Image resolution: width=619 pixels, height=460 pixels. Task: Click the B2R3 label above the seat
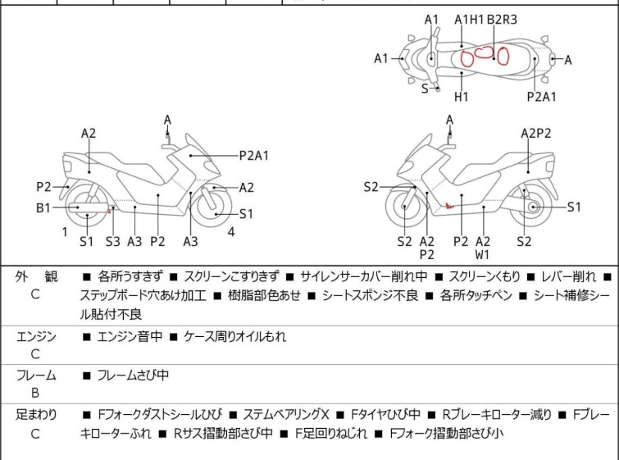pos(502,20)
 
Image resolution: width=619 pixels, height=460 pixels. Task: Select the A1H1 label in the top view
pos(469,20)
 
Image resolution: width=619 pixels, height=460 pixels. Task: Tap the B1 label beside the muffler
pos(43,207)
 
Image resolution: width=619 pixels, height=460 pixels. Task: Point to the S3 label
pos(112,241)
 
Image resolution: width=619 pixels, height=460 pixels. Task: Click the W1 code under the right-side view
pos(482,255)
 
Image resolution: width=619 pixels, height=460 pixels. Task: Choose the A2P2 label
pos(535,134)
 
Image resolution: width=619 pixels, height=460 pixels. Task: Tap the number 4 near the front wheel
pos(231,232)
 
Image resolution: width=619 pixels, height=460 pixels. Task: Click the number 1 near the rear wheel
pos(65,232)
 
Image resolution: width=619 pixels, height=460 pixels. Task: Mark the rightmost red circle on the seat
pos(503,55)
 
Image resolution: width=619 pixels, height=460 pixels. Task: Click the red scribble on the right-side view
pos(449,206)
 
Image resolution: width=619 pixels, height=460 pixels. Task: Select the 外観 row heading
pos(36,277)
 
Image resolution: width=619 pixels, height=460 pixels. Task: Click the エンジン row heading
pos(36,337)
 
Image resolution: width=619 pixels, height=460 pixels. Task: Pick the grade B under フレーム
pos(35,394)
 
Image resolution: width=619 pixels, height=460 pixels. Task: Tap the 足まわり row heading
pos(36,415)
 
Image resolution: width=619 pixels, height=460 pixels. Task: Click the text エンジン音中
pos(130,337)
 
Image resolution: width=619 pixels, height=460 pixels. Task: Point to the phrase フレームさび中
pos(133,375)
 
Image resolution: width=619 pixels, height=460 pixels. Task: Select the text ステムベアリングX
pos(286,415)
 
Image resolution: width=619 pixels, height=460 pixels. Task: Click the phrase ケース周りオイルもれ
pos(234,337)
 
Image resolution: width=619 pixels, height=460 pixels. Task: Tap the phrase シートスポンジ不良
pos(370,295)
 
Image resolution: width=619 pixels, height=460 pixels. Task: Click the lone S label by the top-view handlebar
pos(425,89)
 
